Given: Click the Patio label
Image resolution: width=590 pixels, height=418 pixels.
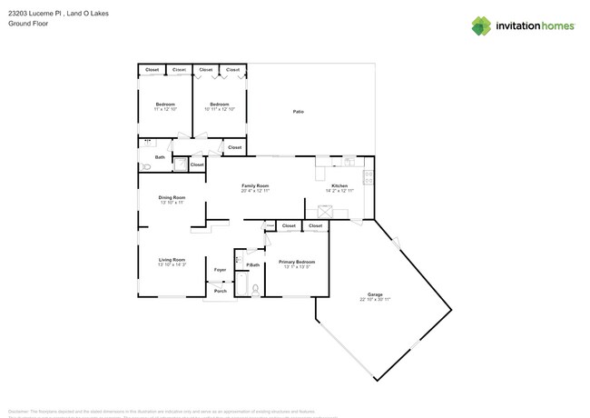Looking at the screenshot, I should click(298, 112).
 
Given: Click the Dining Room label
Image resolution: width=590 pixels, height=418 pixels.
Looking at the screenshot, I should click(172, 197).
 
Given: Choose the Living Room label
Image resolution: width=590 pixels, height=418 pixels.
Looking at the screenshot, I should click(172, 260).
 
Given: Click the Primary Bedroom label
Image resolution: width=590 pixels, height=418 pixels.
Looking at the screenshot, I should click(298, 262).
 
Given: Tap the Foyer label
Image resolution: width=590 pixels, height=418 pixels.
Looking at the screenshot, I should click(220, 270).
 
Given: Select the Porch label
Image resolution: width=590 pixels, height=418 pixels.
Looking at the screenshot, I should click(220, 291).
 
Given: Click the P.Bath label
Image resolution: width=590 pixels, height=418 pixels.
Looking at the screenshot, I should click(253, 264).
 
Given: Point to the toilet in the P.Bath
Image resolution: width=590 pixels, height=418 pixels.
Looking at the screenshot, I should click(256, 290).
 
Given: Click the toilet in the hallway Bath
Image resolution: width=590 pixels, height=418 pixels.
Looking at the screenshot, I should click(146, 167).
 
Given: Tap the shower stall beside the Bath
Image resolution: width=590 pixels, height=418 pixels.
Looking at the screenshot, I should click(180, 164).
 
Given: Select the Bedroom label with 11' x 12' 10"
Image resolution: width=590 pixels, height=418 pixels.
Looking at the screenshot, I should click(164, 104).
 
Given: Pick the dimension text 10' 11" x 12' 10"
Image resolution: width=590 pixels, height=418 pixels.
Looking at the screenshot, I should click(219, 109).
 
